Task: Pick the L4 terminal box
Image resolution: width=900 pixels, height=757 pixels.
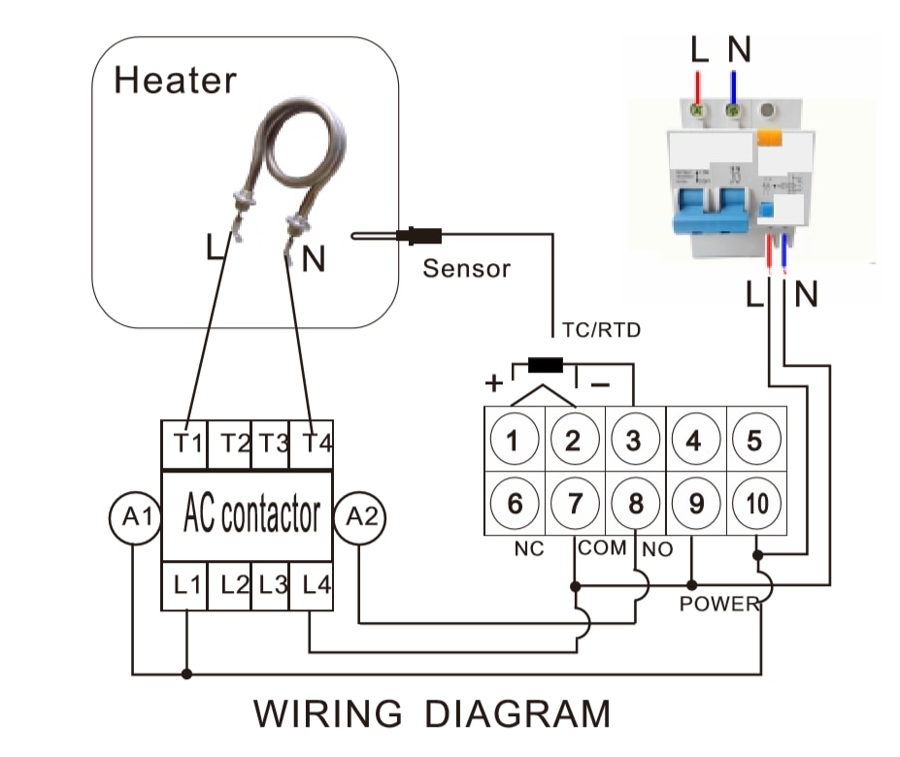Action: pyautogui.click(x=311, y=585)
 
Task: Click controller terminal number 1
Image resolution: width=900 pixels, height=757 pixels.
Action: pyautogui.click(x=515, y=441)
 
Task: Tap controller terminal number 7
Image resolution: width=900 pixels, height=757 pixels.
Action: pyautogui.click(x=575, y=504)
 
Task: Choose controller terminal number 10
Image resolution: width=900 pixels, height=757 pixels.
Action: pyautogui.click(x=755, y=504)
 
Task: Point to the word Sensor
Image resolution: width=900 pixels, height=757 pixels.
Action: pyautogui.click(x=466, y=268)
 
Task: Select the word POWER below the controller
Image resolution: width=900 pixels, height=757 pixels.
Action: pyautogui.click(x=718, y=604)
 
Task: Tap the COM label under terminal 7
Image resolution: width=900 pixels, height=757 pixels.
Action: pyautogui.click(x=602, y=547)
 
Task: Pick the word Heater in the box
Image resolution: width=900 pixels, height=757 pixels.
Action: pyautogui.click(x=175, y=80)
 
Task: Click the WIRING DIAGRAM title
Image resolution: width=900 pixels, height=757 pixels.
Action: pyautogui.click(x=432, y=714)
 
